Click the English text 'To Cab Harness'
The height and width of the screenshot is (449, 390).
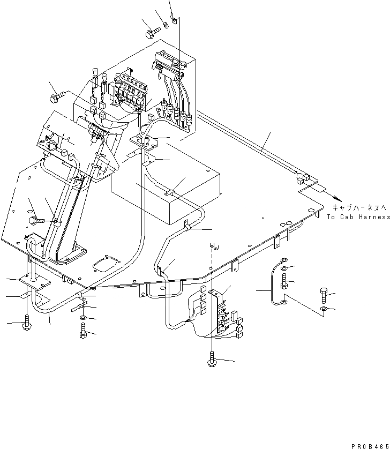click(x=357, y=217)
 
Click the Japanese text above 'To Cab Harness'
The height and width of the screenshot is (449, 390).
click(x=357, y=207)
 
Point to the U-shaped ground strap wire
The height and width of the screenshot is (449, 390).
click(x=275, y=282)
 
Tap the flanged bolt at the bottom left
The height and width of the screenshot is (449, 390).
click(x=27, y=323)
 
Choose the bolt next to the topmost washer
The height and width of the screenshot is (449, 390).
click(x=151, y=32)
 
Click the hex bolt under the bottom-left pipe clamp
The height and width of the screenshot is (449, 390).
click(x=82, y=333)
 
